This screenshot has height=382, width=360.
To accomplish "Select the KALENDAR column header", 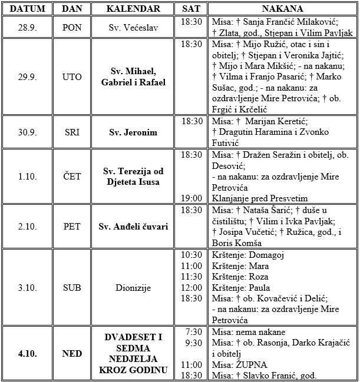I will pyautogui.click(x=134, y=9).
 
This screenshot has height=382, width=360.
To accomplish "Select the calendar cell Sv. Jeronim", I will pyautogui.click(x=134, y=132).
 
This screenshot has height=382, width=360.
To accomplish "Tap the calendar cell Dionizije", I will pyautogui.click(x=134, y=288).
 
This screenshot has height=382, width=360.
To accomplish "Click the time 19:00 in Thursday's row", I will pyautogui.click(x=192, y=198).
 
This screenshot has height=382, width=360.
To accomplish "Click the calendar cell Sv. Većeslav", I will pyautogui.click(x=134, y=27).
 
